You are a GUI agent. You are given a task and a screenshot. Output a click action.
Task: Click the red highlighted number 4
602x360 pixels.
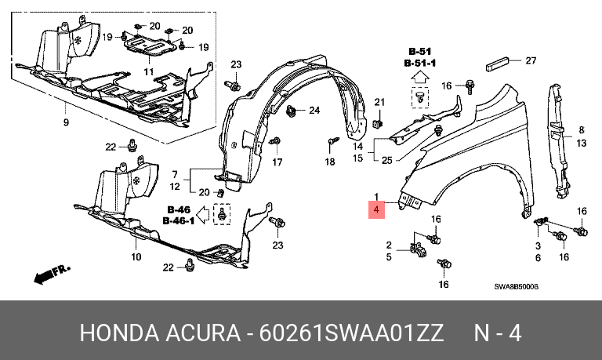[376, 209]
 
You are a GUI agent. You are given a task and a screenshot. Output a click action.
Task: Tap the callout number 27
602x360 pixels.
[531, 60]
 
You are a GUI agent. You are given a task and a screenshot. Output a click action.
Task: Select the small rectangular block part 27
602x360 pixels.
[498, 64]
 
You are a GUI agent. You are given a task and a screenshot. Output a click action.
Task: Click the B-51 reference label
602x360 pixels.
[420, 51]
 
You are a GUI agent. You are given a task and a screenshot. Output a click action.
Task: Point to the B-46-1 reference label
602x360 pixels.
[179, 221]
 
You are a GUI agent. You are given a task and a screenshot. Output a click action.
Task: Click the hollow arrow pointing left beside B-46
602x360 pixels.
[203, 215]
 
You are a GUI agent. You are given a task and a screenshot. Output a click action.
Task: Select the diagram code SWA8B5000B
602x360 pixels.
[516, 286]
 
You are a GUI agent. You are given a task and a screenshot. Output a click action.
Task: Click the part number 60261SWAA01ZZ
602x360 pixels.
[351, 333]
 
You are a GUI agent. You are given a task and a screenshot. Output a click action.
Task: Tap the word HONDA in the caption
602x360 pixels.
[119, 333]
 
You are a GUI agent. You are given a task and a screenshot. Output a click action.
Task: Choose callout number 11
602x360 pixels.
[149, 71]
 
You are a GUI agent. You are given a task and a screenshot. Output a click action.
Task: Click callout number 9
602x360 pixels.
[66, 122]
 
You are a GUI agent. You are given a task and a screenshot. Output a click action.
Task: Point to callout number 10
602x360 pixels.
[136, 256]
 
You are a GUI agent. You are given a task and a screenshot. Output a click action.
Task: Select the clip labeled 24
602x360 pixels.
[292, 111]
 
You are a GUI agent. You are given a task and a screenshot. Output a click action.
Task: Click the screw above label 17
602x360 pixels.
[275, 142]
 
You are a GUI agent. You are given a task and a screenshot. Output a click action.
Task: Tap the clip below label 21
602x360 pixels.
[379, 123]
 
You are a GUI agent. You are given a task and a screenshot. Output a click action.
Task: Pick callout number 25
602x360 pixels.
[387, 160]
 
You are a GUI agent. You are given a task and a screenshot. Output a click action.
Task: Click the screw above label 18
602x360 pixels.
[332, 141]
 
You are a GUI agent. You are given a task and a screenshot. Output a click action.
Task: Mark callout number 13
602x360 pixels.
[582, 144]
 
